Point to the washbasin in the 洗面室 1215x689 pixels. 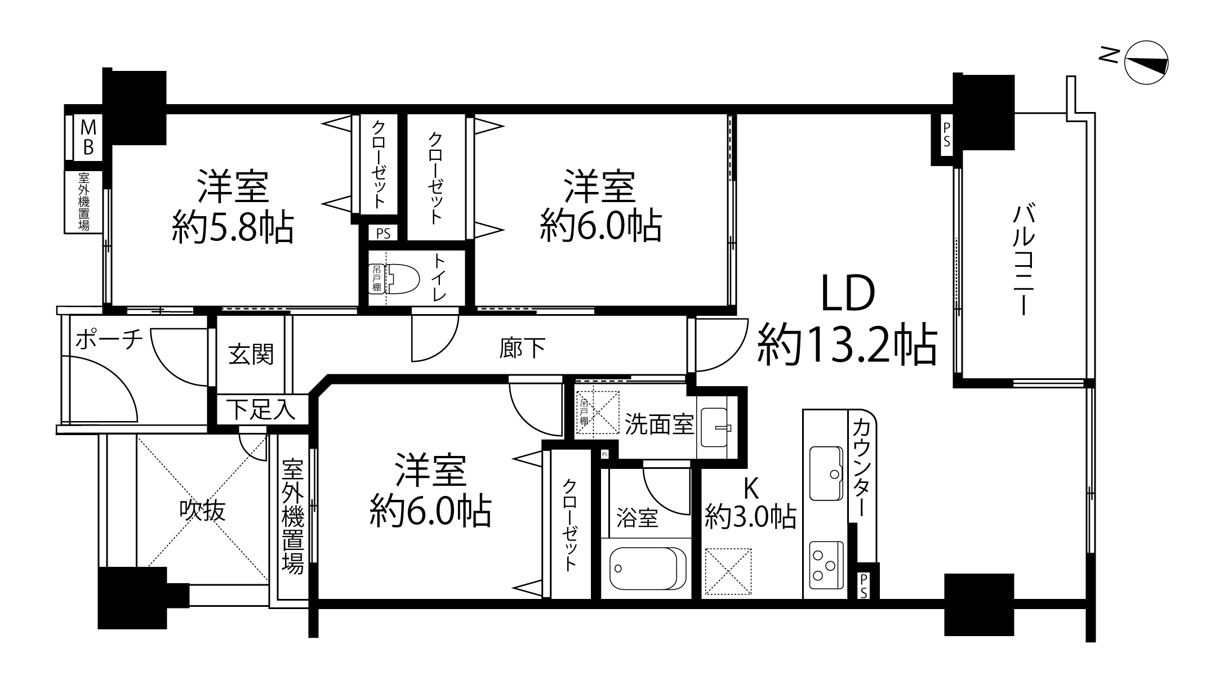714,427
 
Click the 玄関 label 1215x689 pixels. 251,355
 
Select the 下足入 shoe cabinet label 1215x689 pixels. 261,410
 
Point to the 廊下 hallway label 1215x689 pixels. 523,348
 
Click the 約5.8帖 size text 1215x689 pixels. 233,227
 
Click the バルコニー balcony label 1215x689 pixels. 1023,260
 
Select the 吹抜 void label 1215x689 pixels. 202,511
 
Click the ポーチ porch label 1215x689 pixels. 109,339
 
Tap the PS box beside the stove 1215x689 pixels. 864,585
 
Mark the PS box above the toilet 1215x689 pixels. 383,233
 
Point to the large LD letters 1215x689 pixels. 848,293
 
